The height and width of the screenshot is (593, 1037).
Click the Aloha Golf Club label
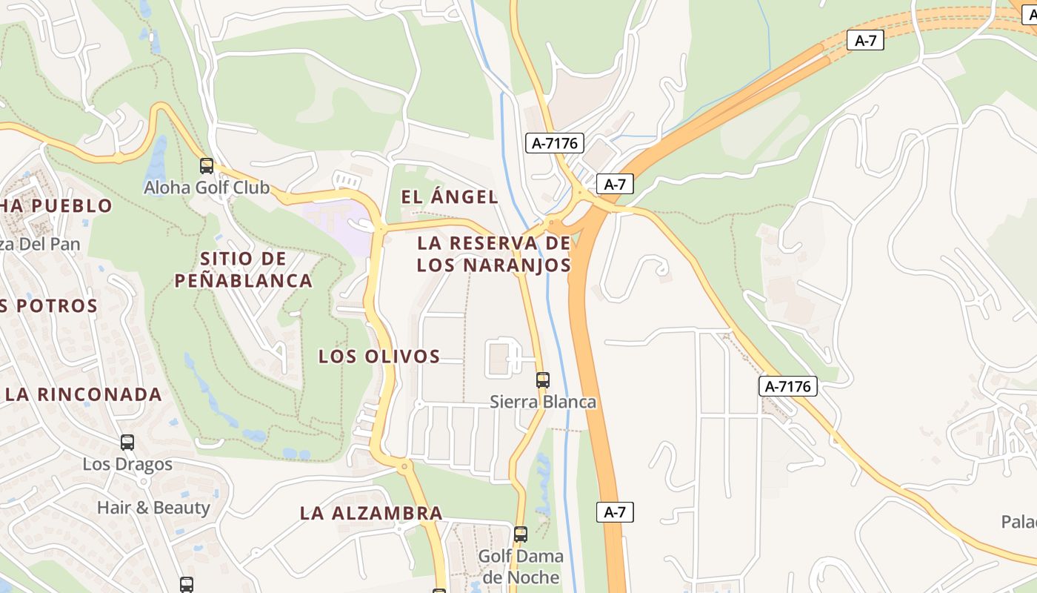[207, 188]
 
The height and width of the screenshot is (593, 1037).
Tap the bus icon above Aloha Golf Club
[207, 166]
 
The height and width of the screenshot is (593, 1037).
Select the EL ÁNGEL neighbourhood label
[450, 197]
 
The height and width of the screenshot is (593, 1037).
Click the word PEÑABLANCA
[243, 281]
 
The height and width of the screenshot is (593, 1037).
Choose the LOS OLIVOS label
[379, 357]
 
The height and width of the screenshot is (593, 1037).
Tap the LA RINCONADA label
[84, 394]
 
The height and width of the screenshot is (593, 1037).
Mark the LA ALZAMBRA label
[371, 513]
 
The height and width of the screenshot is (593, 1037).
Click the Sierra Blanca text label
[543, 402]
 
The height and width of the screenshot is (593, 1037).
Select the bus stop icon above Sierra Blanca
[543, 380]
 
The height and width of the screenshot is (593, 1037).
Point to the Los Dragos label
[127, 464]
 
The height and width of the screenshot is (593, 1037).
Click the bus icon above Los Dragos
[127, 443]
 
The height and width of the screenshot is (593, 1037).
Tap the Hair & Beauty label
[153, 508]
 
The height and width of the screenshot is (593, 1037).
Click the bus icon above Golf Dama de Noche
[521, 534]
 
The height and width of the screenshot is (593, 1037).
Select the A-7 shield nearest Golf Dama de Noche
[615, 511]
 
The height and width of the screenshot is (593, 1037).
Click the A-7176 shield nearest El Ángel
[555, 143]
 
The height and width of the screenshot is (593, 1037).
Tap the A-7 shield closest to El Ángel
[615, 184]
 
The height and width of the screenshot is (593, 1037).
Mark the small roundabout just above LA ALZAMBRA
[404, 467]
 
